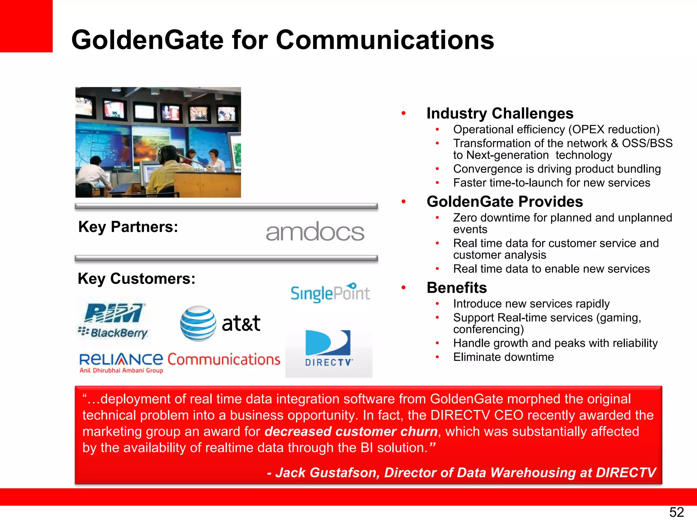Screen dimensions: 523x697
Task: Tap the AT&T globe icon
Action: (198, 323)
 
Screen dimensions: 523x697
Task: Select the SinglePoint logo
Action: (330, 293)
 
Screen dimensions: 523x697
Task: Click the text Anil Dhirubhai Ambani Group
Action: (121, 370)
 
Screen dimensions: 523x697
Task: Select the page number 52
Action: (676, 512)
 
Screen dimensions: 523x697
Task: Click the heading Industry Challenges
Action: (500, 113)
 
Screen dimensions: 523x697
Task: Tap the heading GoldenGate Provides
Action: (504, 202)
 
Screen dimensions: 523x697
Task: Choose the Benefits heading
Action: (456, 288)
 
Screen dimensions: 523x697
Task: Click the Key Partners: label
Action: (128, 227)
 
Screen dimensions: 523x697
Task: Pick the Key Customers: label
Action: (136, 279)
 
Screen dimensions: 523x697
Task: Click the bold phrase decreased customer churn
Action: (351, 431)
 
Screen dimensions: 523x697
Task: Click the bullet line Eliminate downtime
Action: (503, 357)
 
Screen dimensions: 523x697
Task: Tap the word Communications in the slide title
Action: (385, 40)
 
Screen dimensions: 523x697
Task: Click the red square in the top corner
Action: (26, 26)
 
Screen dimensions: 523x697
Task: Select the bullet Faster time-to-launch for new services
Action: (551, 183)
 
